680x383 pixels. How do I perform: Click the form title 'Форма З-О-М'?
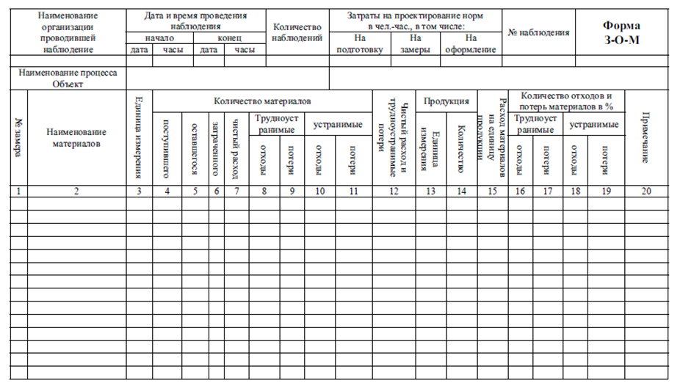pyautogui.click(x=621, y=33)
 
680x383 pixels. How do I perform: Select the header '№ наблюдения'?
pyautogui.click(x=538, y=32)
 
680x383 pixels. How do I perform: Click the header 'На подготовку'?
pyautogui.click(x=359, y=44)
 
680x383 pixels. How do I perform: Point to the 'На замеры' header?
pyautogui.click(x=416, y=44)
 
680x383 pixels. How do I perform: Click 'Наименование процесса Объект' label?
pyautogui.click(x=68, y=79)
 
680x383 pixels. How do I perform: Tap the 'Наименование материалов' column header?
pyautogui.click(x=76, y=137)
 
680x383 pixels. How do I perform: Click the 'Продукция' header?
pyautogui.click(x=446, y=101)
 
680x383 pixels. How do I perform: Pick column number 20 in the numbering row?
pyautogui.click(x=646, y=191)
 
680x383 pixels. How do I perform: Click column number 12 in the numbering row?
pyautogui.click(x=394, y=191)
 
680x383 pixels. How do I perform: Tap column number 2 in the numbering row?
pyautogui.click(x=76, y=191)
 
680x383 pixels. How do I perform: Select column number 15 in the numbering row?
pyautogui.click(x=491, y=191)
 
